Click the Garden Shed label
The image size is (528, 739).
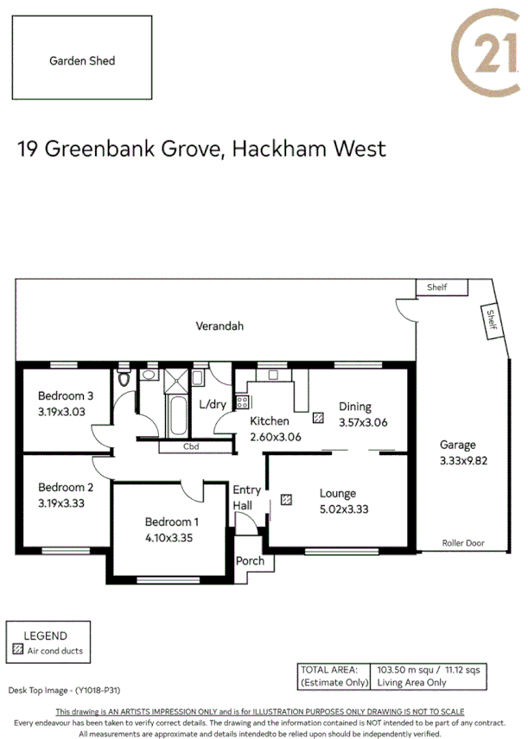[82, 60]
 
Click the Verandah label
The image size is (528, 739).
[219, 326]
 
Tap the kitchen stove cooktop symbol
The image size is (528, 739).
[243, 401]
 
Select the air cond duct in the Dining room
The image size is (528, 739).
[319, 418]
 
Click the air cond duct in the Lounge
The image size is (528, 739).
[286, 499]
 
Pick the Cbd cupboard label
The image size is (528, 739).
[192, 447]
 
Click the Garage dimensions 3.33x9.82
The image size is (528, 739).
[458, 460]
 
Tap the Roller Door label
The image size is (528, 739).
[463, 544]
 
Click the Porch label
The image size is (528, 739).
[251, 561]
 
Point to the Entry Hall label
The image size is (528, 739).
[246, 497]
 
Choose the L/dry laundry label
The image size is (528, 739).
[213, 403]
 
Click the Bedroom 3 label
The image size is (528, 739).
[65, 396]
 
